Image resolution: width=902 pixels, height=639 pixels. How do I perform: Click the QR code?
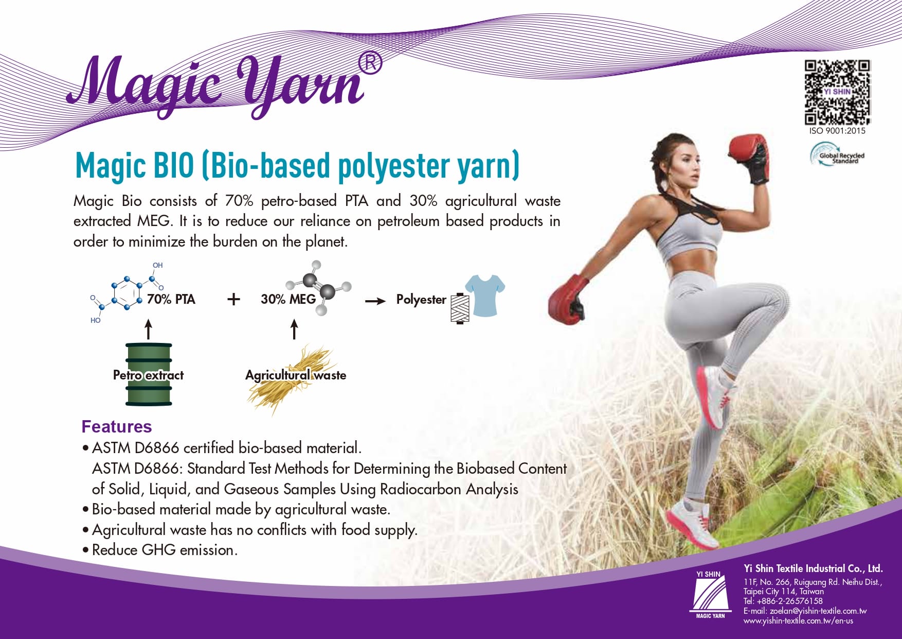tap(837, 93)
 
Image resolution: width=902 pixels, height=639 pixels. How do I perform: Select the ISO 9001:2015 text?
tap(837, 131)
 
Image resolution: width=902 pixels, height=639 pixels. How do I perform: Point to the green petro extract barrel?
tap(149, 374)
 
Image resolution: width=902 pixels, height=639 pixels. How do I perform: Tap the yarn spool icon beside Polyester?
tap(460, 308)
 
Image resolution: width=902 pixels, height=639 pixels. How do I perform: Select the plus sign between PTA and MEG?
tap(233, 299)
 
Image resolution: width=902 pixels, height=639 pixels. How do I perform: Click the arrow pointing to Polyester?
tap(375, 301)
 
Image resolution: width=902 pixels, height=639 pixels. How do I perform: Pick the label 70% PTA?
tap(171, 299)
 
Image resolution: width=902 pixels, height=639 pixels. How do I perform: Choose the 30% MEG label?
tap(288, 299)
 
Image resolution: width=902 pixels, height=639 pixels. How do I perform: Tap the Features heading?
tap(117, 426)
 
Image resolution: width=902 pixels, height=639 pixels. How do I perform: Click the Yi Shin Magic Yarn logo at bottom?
tap(710, 595)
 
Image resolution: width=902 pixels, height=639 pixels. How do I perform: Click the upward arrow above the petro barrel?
tap(149, 329)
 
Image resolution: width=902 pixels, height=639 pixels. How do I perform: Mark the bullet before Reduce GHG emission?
tap(85, 550)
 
